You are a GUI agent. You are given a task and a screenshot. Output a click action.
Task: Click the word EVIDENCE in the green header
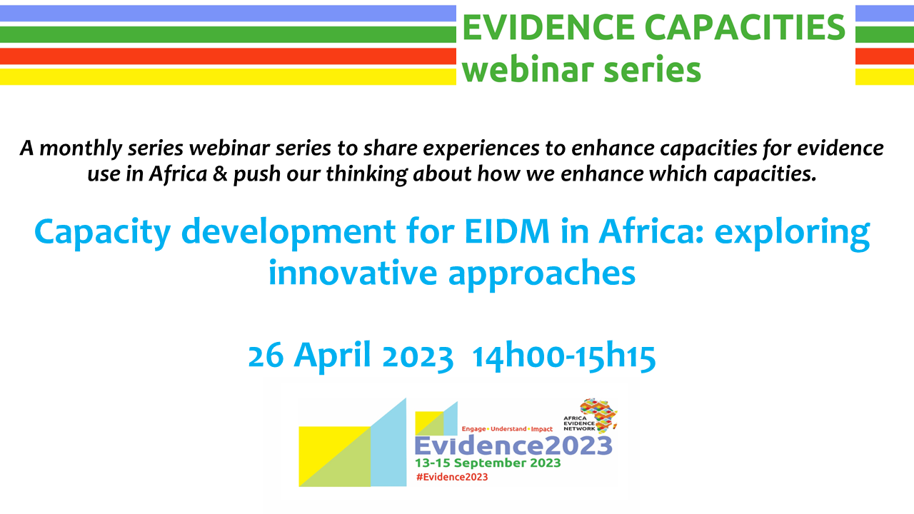pyautogui.click(x=548, y=27)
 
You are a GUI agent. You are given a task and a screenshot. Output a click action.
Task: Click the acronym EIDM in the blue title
pyautogui.click(x=507, y=231)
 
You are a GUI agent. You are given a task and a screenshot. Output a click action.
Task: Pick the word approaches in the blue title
pyautogui.click(x=542, y=274)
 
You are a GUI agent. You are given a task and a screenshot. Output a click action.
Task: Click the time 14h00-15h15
pyautogui.click(x=564, y=356)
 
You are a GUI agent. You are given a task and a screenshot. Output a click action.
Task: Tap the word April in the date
pyautogui.click(x=333, y=355)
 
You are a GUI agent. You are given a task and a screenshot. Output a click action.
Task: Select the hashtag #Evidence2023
pyautogui.click(x=452, y=477)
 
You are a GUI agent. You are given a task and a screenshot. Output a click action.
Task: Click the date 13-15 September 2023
pyautogui.click(x=488, y=463)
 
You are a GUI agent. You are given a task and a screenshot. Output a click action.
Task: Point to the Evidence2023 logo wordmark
pyautogui.click(x=513, y=445)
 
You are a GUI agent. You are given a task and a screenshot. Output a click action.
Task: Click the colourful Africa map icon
pyautogui.click(x=598, y=415)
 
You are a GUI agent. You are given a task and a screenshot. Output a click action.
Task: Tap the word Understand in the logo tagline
pyautogui.click(x=508, y=429)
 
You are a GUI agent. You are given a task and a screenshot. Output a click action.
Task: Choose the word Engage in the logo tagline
pyautogui.click(x=473, y=429)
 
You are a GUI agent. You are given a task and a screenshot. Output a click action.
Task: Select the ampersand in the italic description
pyautogui.click(x=220, y=174)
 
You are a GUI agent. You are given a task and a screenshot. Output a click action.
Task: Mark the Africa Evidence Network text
pyautogui.click(x=579, y=423)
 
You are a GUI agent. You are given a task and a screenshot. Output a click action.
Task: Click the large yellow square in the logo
pyautogui.click(x=335, y=456)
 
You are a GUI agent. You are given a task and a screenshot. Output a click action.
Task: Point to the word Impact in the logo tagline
pyautogui.click(x=541, y=429)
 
